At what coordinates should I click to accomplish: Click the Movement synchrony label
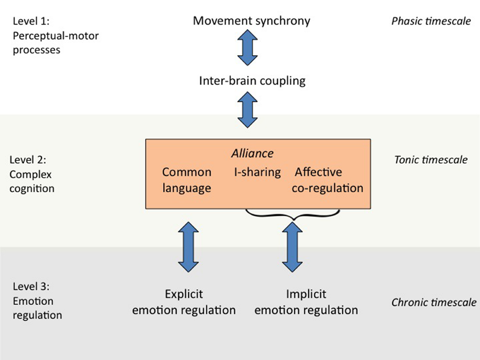click(252, 21)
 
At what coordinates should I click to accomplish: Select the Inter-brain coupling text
click(252, 80)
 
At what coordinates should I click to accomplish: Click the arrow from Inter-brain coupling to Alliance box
click(248, 110)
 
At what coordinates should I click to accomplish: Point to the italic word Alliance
click(252, 153)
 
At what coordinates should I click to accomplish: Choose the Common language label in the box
click(186, 180)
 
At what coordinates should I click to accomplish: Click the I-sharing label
click(257, 172)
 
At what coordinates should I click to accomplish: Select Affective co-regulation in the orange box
click(327, 180)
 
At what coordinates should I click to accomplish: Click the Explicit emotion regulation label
click(184, 302)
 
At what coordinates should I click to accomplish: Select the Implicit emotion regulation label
click(306, 302)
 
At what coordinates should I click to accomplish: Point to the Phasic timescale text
click(431, 21)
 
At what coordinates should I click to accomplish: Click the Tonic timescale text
click(431, 160)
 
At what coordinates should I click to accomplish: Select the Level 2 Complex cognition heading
click(32, 174)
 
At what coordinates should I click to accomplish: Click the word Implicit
click(306, 294)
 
